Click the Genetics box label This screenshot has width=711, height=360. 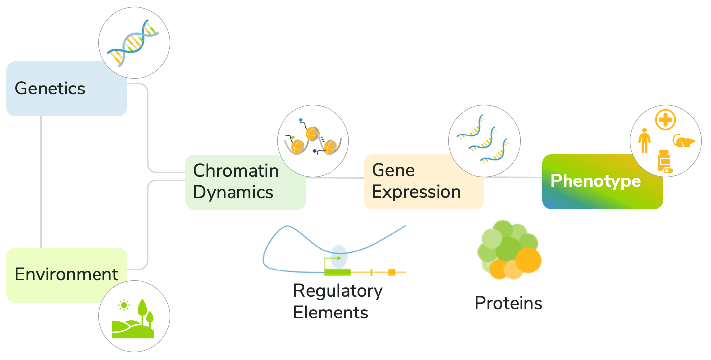(50, 89)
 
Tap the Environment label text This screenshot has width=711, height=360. (66, 274)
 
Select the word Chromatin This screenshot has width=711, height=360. (236, 170)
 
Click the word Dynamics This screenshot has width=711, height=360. (233, 192)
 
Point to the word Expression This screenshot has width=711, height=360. (416, 192)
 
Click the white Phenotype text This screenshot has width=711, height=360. (595, 181)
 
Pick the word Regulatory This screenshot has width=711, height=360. (338, 290)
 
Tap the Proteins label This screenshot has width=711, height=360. (508, 303)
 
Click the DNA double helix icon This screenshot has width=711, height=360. (135, 43)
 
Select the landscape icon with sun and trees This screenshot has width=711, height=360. (134, 317)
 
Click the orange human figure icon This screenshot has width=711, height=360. (644, 140)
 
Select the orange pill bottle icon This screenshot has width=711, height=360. (664, 161)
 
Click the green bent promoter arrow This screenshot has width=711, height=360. (332, 261)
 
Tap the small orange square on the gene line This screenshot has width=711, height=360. (391, 272)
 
